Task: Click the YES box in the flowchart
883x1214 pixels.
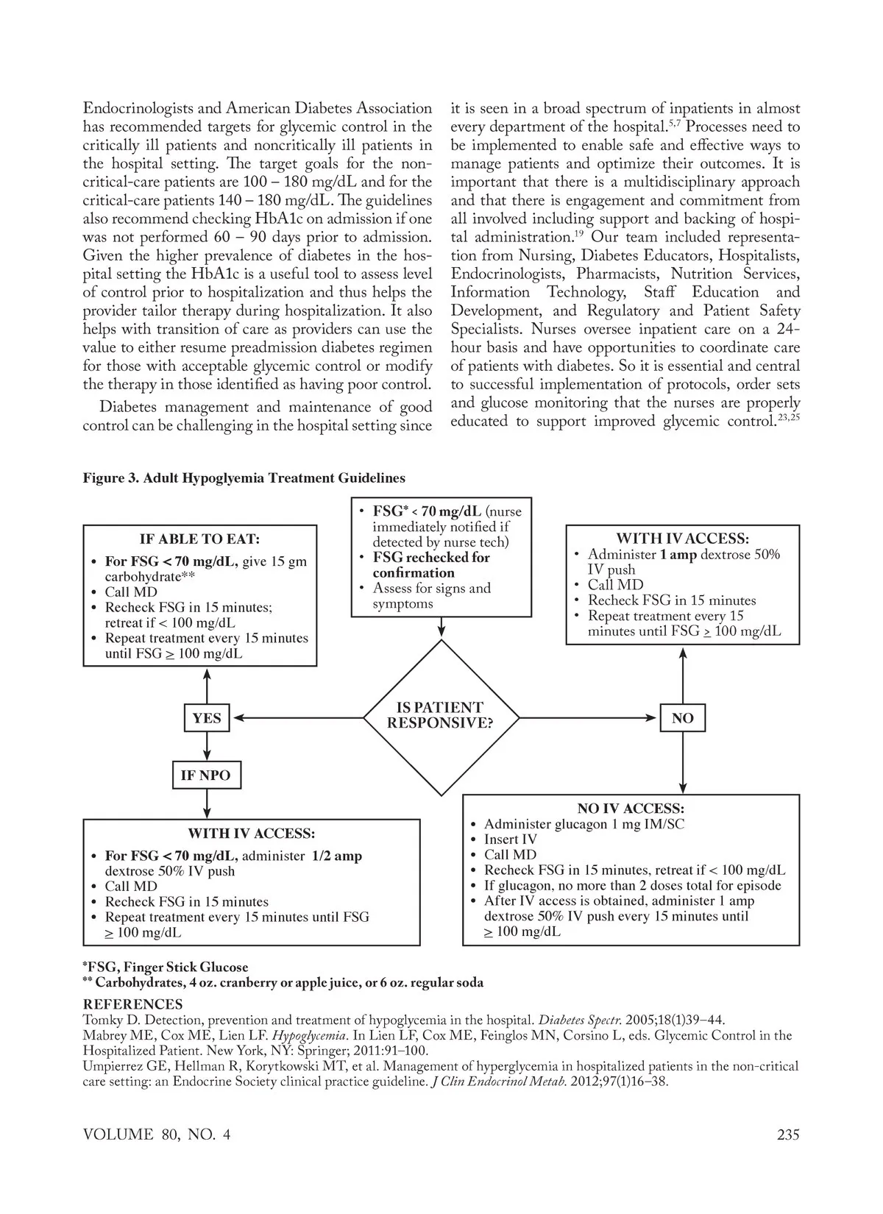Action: (206, 718)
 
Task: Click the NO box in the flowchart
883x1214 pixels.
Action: (682, 718)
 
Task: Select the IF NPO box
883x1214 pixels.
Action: (205, 775)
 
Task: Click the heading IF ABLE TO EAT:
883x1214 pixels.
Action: (200, 539)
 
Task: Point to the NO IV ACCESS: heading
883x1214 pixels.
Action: (631, 809)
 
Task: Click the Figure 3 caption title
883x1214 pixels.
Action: (244, 478)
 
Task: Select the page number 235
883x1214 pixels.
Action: (787, 1135)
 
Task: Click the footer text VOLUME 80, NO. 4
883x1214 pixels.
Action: (157, 1135)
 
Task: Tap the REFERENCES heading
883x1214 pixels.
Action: (132, 1004)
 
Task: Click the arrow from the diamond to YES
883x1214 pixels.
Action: (297, 718)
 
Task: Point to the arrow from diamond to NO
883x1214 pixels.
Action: (589, 718)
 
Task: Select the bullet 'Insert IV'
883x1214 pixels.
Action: (511, 839)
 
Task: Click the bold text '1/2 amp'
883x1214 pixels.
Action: (336, 856)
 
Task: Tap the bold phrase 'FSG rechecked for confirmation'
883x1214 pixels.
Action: (430, 565)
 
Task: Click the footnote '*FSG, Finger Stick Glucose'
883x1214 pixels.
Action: (166, 968)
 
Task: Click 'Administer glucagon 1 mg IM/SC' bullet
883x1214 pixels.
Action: (584, 824)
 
